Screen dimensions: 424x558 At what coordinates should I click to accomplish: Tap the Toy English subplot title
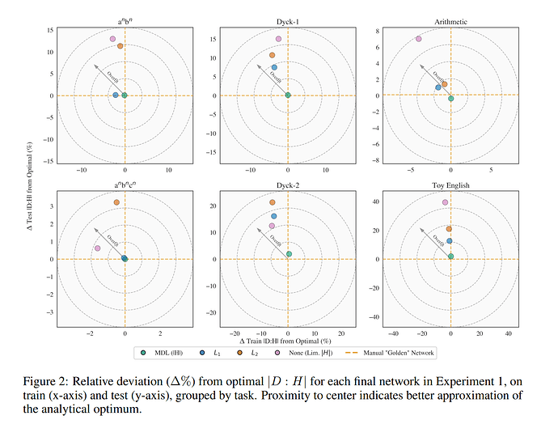tap(450, 184)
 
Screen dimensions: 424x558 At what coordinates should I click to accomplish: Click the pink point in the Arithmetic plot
tap(418, 39)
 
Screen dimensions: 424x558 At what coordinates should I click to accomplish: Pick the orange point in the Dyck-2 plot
tap(273, 202)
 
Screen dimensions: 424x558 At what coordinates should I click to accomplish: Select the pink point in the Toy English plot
tap(445, 202)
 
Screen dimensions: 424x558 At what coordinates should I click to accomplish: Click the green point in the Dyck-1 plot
tap(288, 95)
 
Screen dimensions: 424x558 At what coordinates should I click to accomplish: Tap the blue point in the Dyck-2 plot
tap(274, 216)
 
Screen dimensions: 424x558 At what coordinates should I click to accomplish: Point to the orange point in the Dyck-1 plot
tap(273, 55)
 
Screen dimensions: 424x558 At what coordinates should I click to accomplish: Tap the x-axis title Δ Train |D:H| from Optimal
tap(288, 343)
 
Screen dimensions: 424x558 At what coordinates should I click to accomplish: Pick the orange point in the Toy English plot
tap(449, 229)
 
